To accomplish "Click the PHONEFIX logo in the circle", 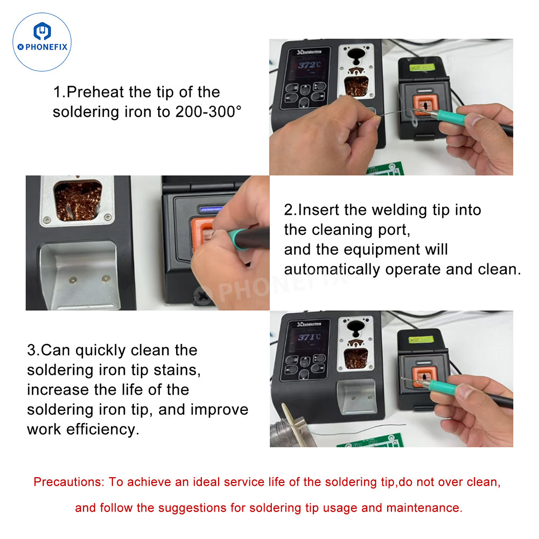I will [x=42, y=42].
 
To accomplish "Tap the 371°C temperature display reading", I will [x=307, y=338].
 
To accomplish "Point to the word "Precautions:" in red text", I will [x=68, y=482].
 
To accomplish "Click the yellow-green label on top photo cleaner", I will [x=422, y=67].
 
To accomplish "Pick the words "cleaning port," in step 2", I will [x=347, y=230].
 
